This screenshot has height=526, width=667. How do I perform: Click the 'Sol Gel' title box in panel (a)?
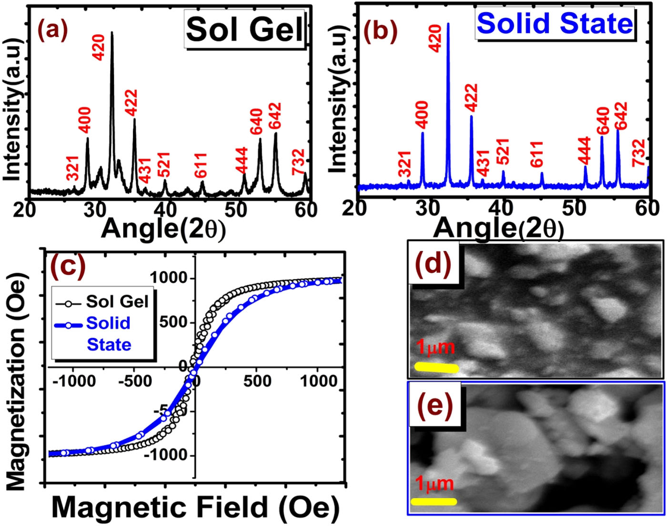click(x=244, y=30)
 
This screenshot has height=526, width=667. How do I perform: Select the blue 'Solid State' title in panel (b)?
click(x=555, y=23)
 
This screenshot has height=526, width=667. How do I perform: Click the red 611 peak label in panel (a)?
click(x=200, y=165)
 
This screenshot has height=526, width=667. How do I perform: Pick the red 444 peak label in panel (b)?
click(x=584, y=151)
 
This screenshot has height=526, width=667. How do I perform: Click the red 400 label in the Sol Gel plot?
click(x=84, y=120)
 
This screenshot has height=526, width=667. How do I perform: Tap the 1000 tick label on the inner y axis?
click(x=169, y=278)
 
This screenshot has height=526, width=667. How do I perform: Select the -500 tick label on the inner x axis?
click(x=134, y=381)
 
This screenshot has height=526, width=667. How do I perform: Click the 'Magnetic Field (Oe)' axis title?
click(x=195, y=507)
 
